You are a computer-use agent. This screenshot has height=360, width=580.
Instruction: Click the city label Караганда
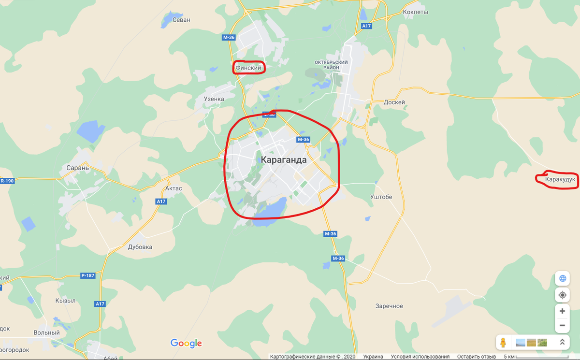coord(283,160)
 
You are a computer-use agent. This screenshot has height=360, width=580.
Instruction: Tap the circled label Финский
coord(248,68)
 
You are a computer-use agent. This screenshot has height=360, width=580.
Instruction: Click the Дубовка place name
coord(140,247)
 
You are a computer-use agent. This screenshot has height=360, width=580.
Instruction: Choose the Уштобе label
coord(381,197)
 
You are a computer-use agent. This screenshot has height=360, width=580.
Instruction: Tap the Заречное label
coord(389,306)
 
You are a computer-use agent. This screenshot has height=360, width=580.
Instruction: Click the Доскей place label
coord(394,102)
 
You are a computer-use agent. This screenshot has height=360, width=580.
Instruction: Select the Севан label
coord(182,20)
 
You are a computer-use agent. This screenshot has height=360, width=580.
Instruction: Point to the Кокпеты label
coord(415,12)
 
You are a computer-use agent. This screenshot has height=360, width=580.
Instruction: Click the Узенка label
coord(214,99)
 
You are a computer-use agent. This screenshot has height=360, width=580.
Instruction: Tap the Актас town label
coord(173,188)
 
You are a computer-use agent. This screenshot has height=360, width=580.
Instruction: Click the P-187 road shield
coord(88,275)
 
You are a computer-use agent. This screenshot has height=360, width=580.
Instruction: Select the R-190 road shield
coord(7,181)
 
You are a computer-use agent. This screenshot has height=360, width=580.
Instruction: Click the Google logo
coord(186,343)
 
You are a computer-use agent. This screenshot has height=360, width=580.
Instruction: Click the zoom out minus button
coord(562,325)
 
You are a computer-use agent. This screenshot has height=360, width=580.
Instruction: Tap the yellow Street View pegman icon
coord(503,342)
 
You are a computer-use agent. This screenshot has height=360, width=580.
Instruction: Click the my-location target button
coord(562,295)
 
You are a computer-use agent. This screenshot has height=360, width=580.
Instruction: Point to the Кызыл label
coord(65,301)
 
